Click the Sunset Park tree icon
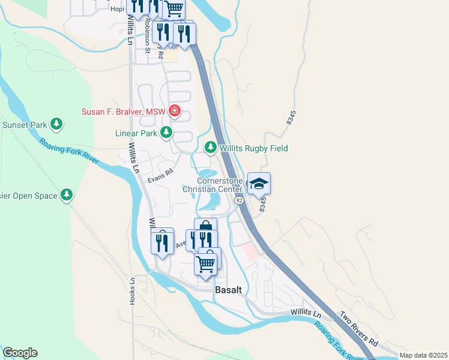click(x=56, y=124)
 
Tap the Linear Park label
click(x=136, y=133)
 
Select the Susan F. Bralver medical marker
click(x=175, y=110)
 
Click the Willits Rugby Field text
click(x=254, y=148)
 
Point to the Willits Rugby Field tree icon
click(x=210, y=146)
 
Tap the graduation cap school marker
click(x=259, y=183)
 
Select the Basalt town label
click(x=228, y=290)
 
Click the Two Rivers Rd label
click(x=358, y=328)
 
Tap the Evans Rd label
click(x=161, y=176)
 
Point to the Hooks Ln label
click(x=132, y=290)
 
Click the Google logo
click(x=20, y=353)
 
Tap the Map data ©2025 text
click(x=423, y=355)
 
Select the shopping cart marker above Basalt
click(x=205, y=263)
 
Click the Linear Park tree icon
click(x=166, y=133)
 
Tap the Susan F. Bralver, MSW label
click(x=125, y=112)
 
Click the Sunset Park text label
click(x=25, y=125)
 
